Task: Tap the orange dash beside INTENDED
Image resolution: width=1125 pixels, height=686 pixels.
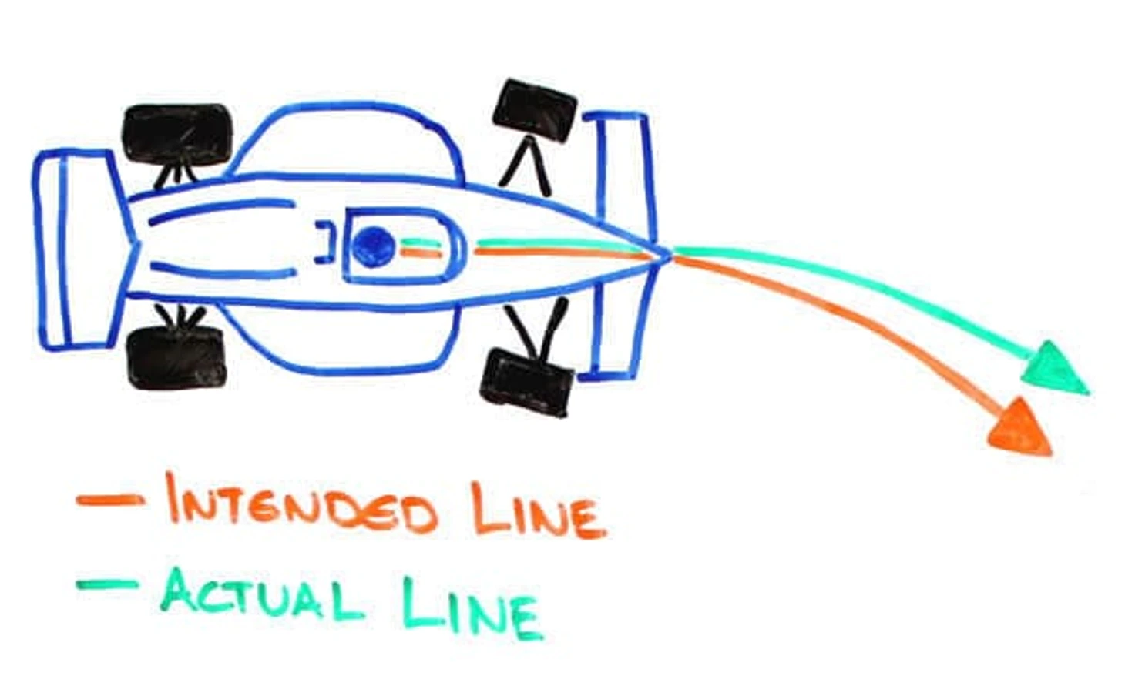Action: pos(109,500)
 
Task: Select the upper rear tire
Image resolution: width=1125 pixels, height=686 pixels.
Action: pos(177,132)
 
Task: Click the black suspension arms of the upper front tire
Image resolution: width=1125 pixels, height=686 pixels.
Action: pos(526,165)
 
